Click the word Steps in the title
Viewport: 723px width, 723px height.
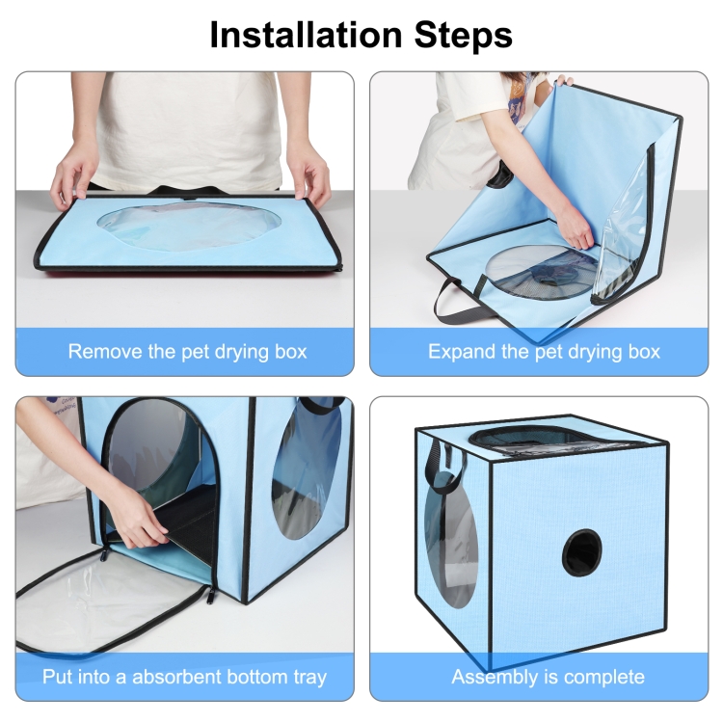coord(464,35)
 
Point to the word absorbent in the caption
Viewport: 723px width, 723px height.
coord(175,677)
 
